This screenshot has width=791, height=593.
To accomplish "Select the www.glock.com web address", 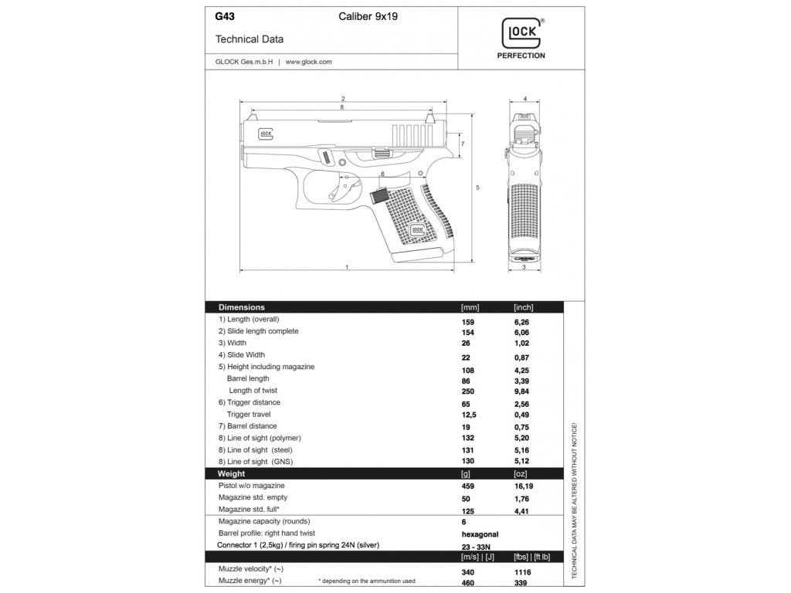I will point(308,62).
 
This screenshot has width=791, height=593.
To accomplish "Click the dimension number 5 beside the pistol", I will point(478,188).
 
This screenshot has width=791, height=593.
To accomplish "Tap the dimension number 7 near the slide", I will point(462,144).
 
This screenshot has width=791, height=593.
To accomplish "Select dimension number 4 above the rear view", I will point(525,100).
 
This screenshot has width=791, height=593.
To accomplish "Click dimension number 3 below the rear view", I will point(525,267).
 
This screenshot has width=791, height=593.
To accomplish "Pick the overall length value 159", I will point(467,320).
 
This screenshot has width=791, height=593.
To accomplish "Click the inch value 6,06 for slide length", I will point(522,331).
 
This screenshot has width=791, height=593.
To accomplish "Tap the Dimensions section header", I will point(242,307).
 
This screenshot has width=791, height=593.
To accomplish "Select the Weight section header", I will point(232,473).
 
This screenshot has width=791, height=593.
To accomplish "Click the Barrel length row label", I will point(248,378).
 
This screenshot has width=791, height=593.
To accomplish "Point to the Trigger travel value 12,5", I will point(469,415).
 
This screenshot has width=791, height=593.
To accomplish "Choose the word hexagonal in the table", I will point(480,534).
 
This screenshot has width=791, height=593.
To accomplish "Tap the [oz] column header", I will point(521,473).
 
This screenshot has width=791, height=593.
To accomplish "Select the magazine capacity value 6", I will point(463,522).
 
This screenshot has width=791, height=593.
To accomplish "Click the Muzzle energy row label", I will point(250,580).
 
